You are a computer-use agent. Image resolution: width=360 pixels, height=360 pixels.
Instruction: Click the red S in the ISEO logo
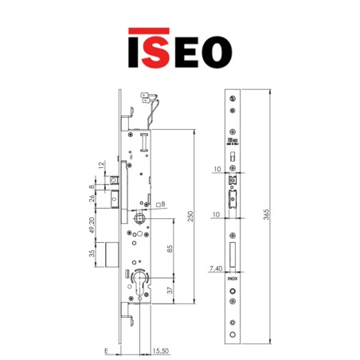point(156,49)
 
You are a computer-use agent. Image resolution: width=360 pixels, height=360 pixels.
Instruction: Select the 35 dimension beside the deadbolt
point(92,256)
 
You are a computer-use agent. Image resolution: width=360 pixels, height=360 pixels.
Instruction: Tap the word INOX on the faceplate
point(230,281)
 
